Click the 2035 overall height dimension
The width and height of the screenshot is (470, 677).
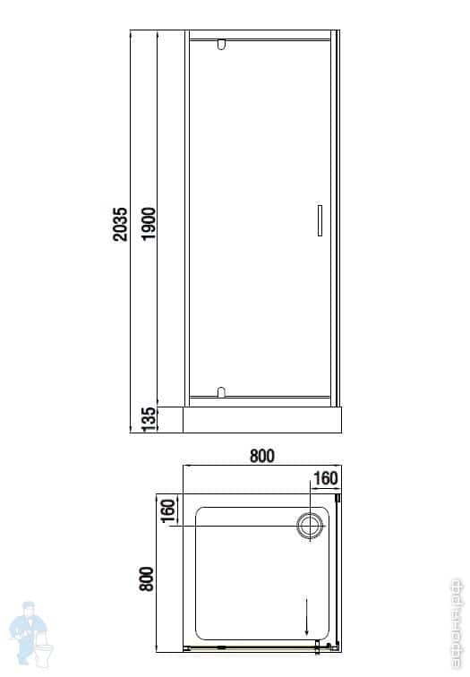tap(122, 226)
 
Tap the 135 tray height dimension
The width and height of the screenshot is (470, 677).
tap(149, 417)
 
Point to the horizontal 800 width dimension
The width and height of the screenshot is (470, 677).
tap(261, 456)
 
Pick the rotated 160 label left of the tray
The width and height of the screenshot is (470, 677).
tap(167, 512)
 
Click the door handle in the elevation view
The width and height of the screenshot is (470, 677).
tap(316, 220)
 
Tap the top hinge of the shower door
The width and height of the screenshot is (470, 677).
tap(221, 43)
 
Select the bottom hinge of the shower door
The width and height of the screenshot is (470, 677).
tap(221, 391)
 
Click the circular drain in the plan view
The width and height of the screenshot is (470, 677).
tap(311, 524)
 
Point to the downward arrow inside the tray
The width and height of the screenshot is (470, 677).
tap(307, 616)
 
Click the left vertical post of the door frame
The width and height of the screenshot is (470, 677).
tap(184, 219)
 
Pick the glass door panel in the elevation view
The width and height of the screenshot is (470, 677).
tap(255, 219)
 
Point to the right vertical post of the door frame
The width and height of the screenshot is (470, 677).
tap(338, 219)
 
